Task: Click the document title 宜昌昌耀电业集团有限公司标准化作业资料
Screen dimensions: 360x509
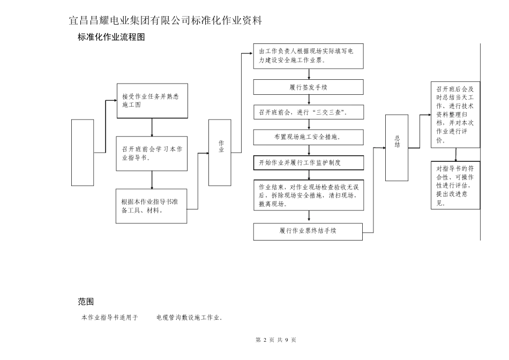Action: point(166,21)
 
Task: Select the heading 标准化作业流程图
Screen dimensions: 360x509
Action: point(111,37)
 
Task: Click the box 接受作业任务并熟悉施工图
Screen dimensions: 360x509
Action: point(152,101)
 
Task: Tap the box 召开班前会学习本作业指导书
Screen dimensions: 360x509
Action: point(152,153)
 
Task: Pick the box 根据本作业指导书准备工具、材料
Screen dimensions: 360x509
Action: point(152,206)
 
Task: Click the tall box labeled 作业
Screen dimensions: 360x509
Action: point(220,152)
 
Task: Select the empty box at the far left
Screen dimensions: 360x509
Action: point(83,153)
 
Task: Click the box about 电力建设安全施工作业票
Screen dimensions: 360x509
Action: point(308,56)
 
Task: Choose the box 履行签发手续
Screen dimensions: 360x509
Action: point(308,87)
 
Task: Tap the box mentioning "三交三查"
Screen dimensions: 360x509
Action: point(308,112)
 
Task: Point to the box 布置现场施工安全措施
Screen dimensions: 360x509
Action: point(308,137)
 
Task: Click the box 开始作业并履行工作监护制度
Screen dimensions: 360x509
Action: point(308,162)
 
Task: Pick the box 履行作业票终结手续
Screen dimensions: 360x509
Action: point(308,231)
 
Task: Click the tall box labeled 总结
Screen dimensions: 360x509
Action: point(396,147)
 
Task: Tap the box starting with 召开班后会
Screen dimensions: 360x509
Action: point(455,115)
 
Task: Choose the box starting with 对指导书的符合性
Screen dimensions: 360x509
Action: point(455,185)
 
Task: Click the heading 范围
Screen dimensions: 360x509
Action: point(86,302)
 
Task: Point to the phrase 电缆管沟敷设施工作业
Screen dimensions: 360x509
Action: point(189,318)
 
